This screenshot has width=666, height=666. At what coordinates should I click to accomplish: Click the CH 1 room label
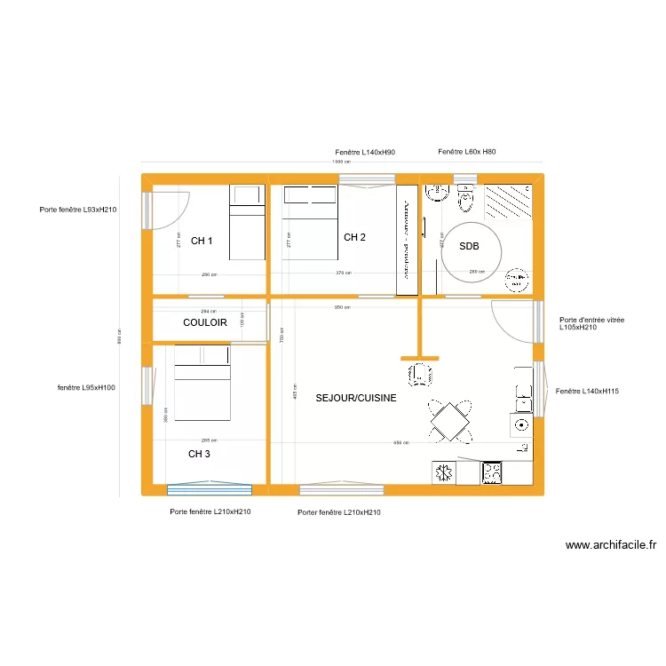[202, 241]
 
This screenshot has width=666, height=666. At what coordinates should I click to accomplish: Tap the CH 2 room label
[354, 237]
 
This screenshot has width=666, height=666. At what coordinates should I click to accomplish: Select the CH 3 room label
[200, 454]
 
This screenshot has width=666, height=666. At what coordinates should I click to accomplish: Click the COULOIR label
[205, 322]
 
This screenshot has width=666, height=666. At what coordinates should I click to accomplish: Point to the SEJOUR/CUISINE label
[355, 399]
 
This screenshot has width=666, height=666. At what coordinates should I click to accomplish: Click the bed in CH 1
[248, 222]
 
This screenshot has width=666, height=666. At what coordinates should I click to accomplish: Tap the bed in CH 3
[203, 383]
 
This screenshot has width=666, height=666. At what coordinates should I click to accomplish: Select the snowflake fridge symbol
[443, 472]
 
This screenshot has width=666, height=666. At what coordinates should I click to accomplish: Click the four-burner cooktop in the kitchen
[491, 472]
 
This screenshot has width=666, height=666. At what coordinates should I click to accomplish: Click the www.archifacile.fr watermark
[611, 546]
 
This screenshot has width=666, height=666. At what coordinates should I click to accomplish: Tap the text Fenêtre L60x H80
[467, 153]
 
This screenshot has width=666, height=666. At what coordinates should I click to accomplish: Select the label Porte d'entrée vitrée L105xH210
[591, 323]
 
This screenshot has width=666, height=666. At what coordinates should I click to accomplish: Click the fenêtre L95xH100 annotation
[86, 387]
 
